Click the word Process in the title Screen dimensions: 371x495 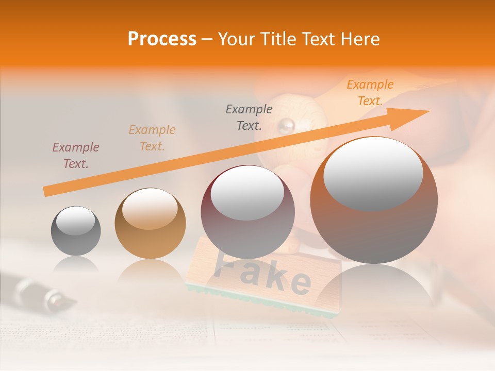(162, 39)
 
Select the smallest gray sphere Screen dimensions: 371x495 (76, 231)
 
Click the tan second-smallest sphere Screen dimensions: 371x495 (150, 224)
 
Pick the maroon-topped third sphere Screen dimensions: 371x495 (247, 212)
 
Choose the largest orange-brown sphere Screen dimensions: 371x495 (374, 200)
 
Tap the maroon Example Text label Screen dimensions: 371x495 (76, 156)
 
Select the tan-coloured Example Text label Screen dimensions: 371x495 (152, 138)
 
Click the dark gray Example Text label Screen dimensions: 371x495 (249, 117)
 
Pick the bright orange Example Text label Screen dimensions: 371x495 (370, 93)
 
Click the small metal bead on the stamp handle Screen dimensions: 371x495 (287, 124)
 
